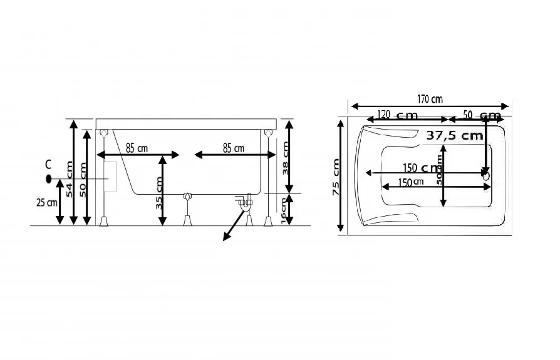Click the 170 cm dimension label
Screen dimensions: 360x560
430,98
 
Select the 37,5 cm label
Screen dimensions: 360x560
454,135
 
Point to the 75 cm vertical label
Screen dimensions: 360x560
336,177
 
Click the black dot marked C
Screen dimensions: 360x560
48,178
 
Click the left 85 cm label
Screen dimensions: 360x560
137,148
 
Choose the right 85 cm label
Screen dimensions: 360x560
234,148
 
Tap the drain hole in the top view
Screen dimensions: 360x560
485,176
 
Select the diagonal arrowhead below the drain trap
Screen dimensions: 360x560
224,236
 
